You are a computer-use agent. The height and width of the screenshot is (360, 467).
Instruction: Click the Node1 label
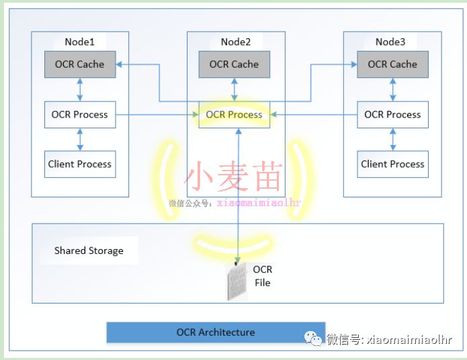click(x=79, y=42)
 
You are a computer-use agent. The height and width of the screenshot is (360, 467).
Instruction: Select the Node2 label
click(x=235, y=42)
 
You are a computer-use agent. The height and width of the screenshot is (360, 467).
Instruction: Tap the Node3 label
click(x=390, y=42)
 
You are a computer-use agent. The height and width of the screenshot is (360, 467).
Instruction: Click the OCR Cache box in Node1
click(x=80, y=64)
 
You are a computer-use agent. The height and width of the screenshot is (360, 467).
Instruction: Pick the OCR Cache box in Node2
click(x=234, y=64)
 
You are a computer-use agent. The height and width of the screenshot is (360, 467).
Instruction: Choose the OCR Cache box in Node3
click(x=392, y=64)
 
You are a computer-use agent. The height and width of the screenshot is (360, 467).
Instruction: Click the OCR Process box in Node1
click(x=80, y=114)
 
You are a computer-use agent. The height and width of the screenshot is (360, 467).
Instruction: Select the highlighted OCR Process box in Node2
click(x=235, y=115)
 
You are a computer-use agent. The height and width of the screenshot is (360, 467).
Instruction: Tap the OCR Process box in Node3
click(x=392, y=114)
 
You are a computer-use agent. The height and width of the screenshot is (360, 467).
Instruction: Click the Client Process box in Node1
click(x=80, y=164)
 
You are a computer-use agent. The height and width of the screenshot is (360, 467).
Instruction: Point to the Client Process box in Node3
click(x=392, y=164)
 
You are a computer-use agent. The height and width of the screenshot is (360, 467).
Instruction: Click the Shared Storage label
click(x=89, y=251)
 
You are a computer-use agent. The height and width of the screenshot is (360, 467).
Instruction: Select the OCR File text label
click(x=263, y=276)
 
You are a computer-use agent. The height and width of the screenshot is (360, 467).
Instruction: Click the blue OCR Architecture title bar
click(x=216, y=332)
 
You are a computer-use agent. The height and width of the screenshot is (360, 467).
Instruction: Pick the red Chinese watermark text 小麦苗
click(x=233, y=176)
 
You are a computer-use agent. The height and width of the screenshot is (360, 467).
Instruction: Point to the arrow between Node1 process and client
click(x=80, y=139)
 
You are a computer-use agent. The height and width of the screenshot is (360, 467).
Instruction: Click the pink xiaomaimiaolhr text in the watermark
click(x=259, y=202)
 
